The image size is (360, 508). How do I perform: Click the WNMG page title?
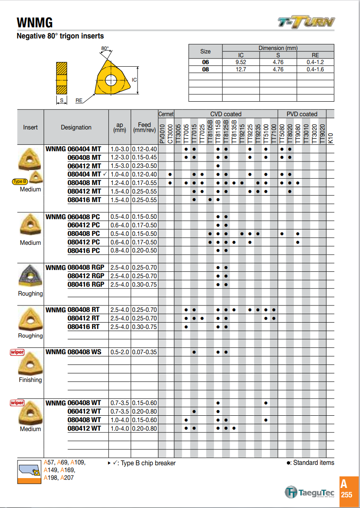tap(35, 23)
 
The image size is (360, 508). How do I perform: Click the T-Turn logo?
tap(306, 22)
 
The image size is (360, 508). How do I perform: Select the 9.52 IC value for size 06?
tap(241, 62)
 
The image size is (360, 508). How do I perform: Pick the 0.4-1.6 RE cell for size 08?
tap(315, 69)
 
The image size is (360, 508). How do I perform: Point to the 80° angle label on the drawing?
tap(105, 48)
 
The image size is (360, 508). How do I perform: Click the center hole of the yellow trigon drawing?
tap(111, 79)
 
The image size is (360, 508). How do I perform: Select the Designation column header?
tap(76, 127)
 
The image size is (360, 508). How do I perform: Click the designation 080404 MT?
tap(85, 174)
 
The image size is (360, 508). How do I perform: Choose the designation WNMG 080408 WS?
tap(73, 352)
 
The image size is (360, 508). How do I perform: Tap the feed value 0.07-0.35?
tap(144, 352)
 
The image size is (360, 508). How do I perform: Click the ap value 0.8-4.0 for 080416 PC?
tap(120, 250)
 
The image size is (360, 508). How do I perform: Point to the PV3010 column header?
tap(162, 133)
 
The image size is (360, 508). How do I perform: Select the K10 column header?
tap(331, 138)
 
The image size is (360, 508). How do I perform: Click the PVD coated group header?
tap(302, 114)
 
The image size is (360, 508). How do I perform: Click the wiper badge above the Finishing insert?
tap(18, 352)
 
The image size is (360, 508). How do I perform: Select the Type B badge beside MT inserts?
tap(20, 182)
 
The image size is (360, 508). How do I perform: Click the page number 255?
tap(346, 495)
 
